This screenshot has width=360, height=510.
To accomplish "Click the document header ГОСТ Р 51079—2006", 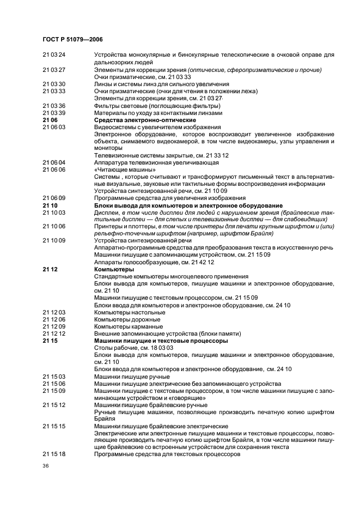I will (x=72, y=40).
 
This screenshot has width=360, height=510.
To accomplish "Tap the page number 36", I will (x=46, y=466).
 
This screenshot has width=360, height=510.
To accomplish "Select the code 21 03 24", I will (x=54, y=55).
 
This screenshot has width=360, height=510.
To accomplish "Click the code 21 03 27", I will (x=54, y=70).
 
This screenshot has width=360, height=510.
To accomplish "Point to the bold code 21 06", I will (x=50, y=120).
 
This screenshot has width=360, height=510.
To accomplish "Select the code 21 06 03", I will (x=54, y=127).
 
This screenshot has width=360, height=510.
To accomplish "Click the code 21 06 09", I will (x=54, y=198).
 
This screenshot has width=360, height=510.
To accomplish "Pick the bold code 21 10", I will (x=50, y=205).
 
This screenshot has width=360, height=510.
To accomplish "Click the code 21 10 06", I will (x=54, y=226).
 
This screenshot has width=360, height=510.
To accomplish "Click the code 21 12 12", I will (x=54, y=333).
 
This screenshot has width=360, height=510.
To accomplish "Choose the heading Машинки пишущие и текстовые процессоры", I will (x=161, y=341).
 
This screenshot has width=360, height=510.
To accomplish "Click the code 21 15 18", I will (x=54, y=454).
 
